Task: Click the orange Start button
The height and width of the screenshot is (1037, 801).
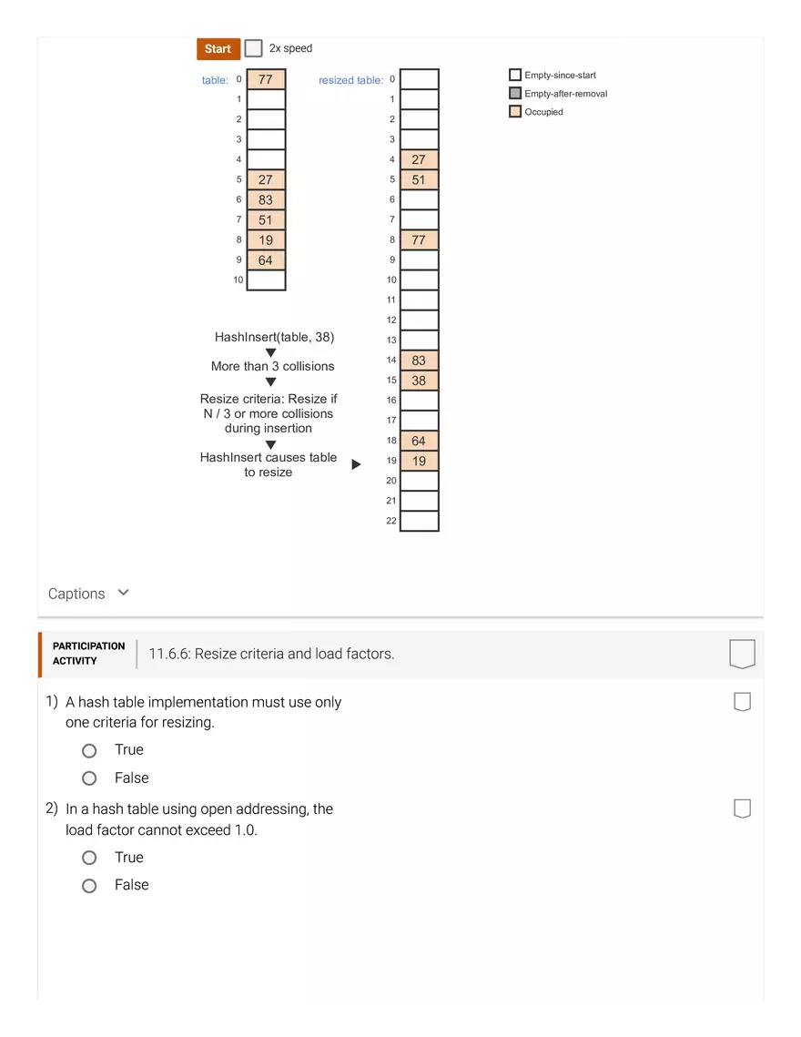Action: point(218,49)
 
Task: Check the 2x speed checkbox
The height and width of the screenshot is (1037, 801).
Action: point(254,48)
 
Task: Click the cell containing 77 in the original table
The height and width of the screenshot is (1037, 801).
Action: point(266,79)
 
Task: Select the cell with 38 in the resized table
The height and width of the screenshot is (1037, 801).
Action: point(419,381)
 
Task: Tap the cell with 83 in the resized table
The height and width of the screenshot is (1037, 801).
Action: point(419,361)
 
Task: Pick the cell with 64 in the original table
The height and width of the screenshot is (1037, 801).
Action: point(266,260)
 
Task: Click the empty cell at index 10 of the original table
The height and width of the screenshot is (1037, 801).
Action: point(266,280)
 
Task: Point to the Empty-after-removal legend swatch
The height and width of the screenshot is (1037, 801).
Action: point(515,94)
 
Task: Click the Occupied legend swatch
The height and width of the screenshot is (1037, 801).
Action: point(515,112)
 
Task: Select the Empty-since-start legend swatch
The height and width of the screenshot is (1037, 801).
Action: point(515,76)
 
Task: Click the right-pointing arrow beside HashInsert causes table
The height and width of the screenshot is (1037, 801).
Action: point(356,464)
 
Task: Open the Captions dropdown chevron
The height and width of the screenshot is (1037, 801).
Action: point(124,593)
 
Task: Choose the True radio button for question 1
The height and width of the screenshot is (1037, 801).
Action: point(89,751)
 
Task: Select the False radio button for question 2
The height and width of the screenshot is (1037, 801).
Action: point(89,886)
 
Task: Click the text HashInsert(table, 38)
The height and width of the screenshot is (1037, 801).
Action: point(274,337)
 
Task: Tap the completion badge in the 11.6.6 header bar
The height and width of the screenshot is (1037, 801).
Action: point(742,654)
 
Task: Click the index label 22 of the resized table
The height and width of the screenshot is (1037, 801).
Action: point(391,521)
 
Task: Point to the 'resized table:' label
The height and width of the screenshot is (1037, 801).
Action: point(350,80)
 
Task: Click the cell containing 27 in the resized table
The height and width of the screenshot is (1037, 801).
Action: point(419,159)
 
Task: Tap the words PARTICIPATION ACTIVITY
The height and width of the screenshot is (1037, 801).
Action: point(88,654)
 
